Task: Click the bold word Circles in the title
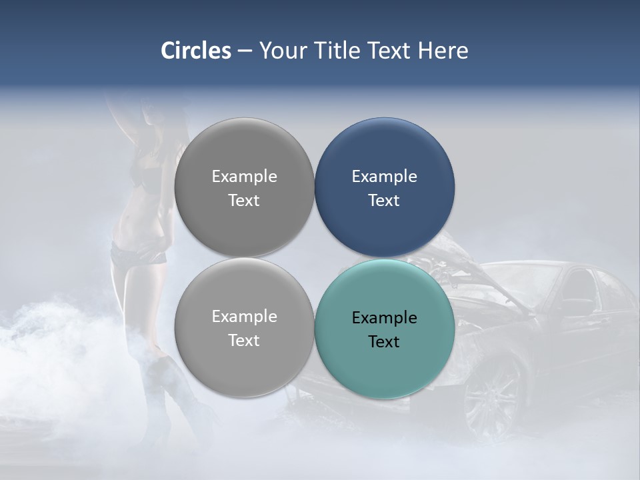click(196, 51)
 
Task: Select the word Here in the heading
click(443, 51)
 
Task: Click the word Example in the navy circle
click(384, 176)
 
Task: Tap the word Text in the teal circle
click(384, 341)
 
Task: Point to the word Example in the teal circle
click(384, 317)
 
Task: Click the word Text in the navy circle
click(384, 200)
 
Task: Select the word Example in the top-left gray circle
click(244, 176)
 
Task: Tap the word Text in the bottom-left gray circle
click(244, 340)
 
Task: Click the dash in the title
click(245, 51)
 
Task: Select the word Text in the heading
click(390, 51)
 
